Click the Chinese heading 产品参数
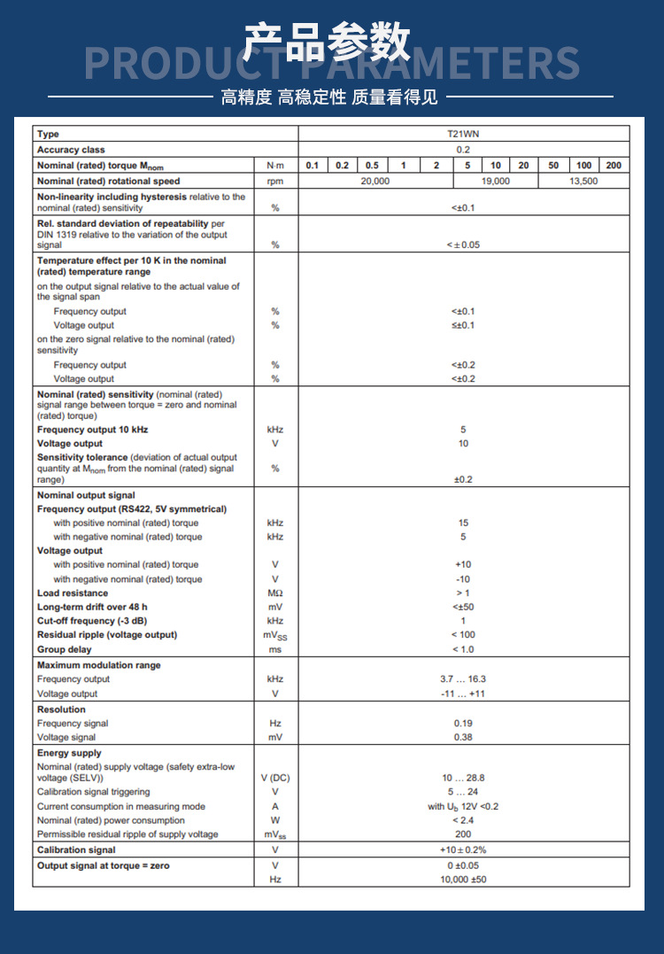[328, 41]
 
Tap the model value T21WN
[463, 134]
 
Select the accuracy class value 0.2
[463, 150]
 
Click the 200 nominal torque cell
[614, 166]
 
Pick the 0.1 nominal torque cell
[313, 166]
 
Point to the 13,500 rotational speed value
[583, 181]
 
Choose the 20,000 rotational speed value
[374, 181]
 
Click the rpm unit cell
[275, 181]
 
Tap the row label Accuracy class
[71, 150]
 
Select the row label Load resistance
[73, 593]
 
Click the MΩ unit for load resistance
[275, 593]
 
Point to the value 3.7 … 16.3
[463, 679]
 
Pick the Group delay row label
[64, 649]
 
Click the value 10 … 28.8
[463, 778]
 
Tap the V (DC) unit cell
[275, 778]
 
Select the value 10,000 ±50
[463, 880]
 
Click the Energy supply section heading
[69, 753]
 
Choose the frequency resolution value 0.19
[463, 724]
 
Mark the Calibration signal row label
[76, 850]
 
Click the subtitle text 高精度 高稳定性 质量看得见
[329, 97]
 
